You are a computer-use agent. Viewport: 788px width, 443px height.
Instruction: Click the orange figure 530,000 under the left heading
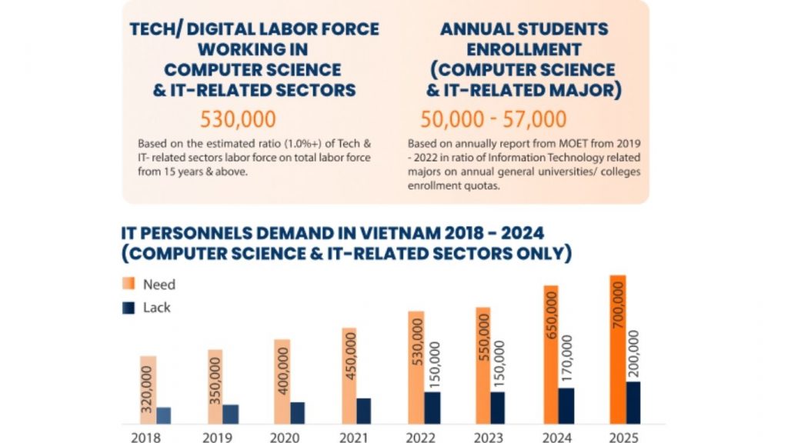[238, 120]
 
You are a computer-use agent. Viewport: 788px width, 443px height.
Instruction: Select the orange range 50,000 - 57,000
[493, 120]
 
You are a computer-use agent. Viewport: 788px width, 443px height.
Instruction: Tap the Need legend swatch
[129, 284]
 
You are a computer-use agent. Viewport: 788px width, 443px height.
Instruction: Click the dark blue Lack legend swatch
[129, 308]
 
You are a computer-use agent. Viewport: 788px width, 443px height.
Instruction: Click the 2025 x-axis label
[624, 436]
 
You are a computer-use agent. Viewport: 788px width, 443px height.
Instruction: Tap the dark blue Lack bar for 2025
[633, 402]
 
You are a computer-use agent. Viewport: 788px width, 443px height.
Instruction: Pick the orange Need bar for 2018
[148, 390]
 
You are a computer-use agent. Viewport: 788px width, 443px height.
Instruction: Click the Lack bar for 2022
[432, 408]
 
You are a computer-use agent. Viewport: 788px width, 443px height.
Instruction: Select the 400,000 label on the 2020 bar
[282, 371]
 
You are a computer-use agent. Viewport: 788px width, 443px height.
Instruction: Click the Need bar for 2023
[482, 365]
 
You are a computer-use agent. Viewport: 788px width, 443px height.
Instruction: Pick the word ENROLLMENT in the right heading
[523, 50]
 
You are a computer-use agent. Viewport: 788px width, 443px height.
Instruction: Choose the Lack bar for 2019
[231, 414]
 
